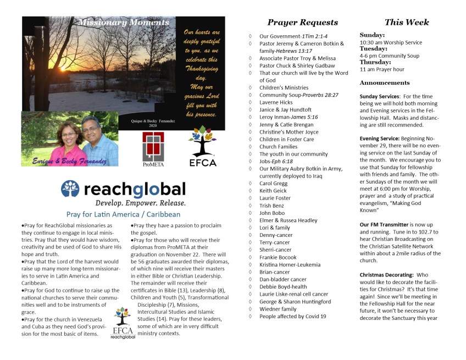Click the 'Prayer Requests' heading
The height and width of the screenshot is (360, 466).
pyautogui.click(x=302, y=23)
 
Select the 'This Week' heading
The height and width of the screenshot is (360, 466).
pyautogui.click(x=407, y=23)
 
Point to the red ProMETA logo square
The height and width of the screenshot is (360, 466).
pyautogui.click(x=153, y=144)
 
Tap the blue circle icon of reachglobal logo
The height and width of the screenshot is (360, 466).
pyautogui.click(x=70, y=189)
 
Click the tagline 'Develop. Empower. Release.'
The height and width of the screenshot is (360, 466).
pyautogui.click(x=123, y=202)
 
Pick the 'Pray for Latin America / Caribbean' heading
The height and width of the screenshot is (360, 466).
pyautogui.click(x=123, y=214)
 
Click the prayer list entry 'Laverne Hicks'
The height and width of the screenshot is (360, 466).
pyautogui.click(x=276, y=102)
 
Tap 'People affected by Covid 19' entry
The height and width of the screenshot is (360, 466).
pyautogui.click(x=292, y=316)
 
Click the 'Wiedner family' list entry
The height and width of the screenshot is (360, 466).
pyautogui.click(x=278, y=309)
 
